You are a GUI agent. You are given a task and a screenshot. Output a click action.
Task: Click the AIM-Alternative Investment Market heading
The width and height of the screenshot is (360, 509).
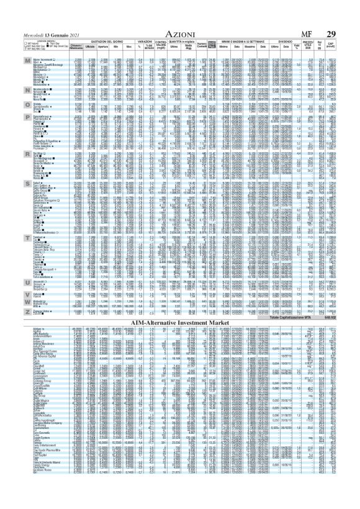179,326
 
